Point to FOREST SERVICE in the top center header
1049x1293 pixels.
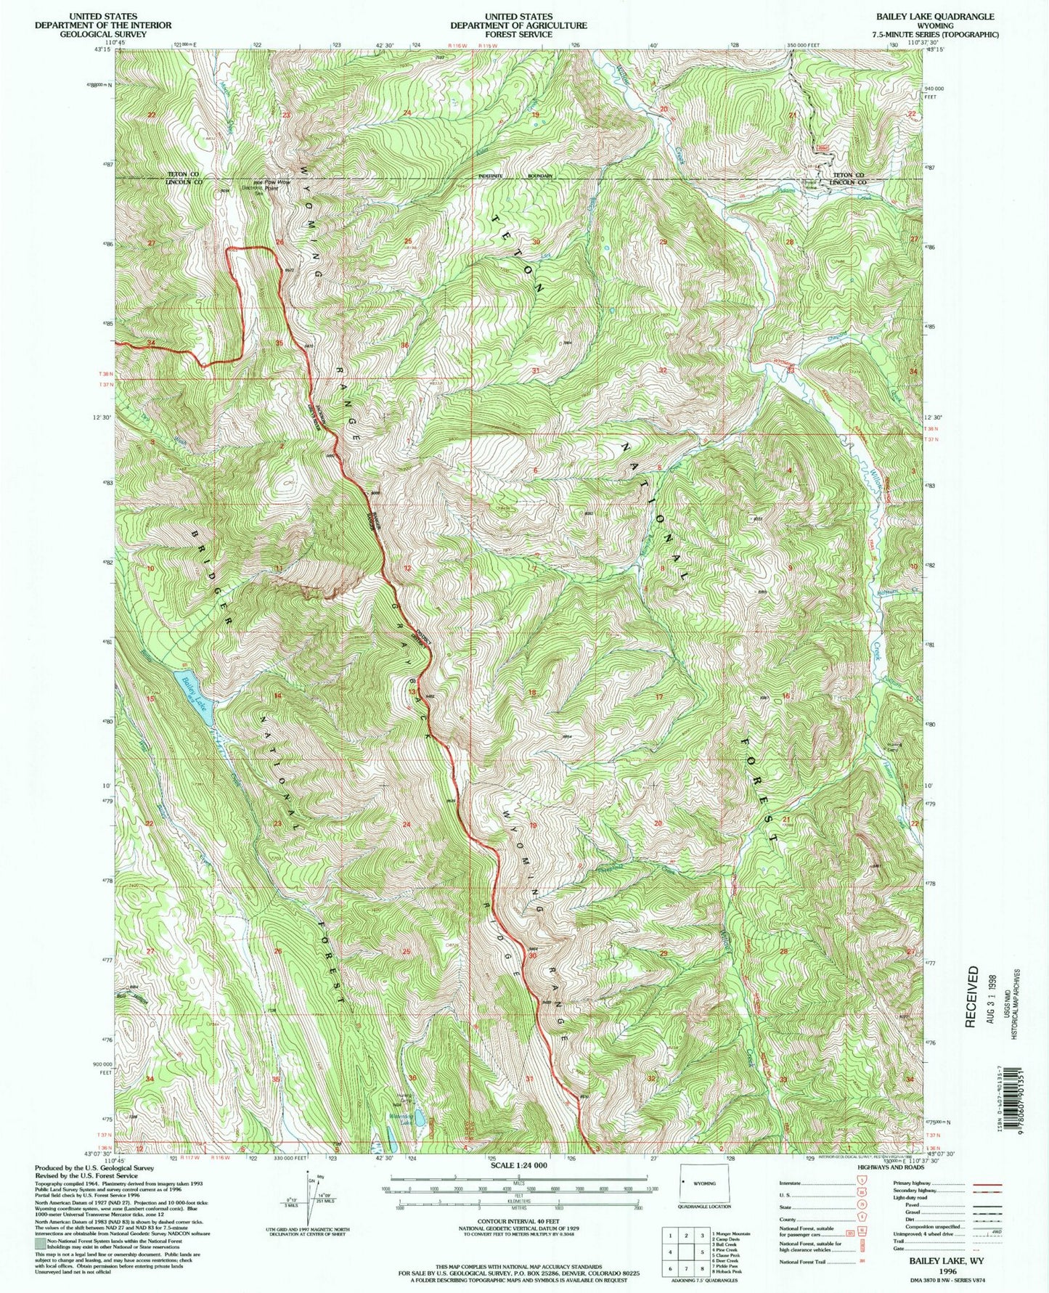click(x=518, y=34)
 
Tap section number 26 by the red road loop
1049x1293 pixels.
click(x=279, y=242)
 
